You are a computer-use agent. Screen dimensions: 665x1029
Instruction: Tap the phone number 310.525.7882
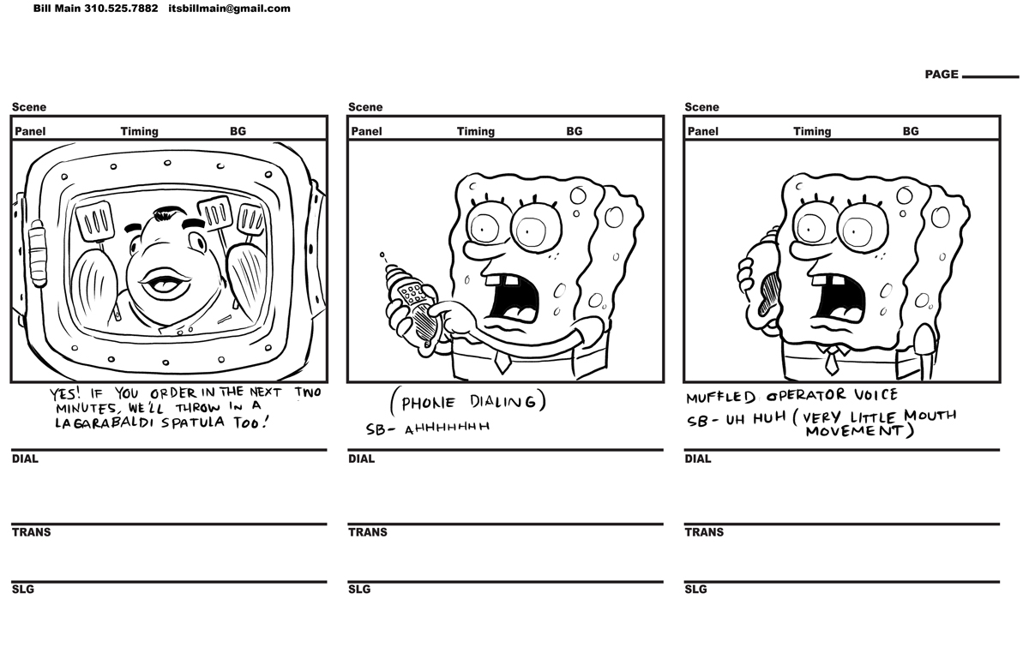pyautogui.click(x=121, y=9)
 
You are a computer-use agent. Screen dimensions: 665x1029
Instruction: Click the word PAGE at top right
pyautogui.click(x=941, y=75)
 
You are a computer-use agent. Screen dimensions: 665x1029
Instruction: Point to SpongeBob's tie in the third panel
pyautogui.click(x=831, y=361)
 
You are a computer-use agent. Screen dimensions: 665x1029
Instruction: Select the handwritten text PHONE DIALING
pyautogui.click(x=467, y=402)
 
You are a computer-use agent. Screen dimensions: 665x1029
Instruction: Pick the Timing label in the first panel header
pyautogui.click(x=139, y=131)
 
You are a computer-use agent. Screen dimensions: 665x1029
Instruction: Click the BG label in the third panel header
pyautogui.click(x=910, y=131)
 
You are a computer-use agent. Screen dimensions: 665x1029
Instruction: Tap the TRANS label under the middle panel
pyautogui.click(x=367, y=532)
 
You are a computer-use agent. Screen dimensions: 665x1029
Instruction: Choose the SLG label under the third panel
pyautogui.click(x=695, y=590)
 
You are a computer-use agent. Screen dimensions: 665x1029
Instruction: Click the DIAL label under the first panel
pyautogui.click(x=25, y=458)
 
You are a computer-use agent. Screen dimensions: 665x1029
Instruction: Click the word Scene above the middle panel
pyautogui.click(x=365, y=107)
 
